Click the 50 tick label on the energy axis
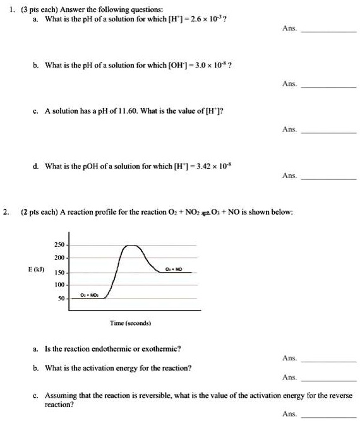click(61, 298)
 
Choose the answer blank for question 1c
click(329, 132)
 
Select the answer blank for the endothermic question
click(329, 360)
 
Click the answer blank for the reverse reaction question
click(329, 416)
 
